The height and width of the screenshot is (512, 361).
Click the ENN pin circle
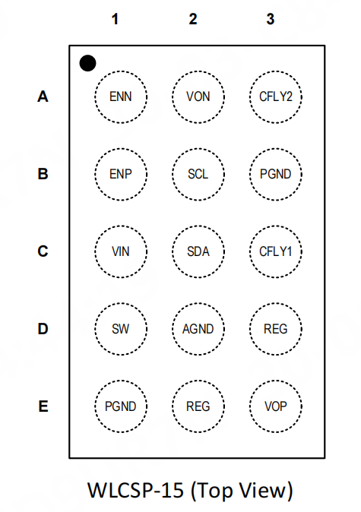point(121,97)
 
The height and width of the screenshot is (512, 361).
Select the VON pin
point(198,97)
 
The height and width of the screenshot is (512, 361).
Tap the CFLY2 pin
point(276,97)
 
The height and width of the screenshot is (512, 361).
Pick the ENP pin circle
point(121,175)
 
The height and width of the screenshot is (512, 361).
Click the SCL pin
point(198,175)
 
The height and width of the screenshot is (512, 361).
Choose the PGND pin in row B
point(276,175)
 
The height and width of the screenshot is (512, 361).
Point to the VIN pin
point(121,251)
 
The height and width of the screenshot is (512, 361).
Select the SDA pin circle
point(198,251)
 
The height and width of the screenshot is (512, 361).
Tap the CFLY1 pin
point(276,251)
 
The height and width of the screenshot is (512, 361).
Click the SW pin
point(121,329)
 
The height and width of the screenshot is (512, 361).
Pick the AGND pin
point(198,329)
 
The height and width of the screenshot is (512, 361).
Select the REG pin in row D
point(276,329)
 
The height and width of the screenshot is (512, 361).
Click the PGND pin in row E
point(121,406)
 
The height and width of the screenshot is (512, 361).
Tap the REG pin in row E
point(198,406)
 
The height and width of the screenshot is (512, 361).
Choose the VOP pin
point(276,406)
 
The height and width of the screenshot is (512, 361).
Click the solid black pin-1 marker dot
point(87,63)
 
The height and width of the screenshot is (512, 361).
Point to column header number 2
point(193,19)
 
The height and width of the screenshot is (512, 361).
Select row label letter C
point(43,251)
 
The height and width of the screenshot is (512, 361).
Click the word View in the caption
point(264,491)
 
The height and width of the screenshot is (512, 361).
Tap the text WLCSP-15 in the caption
point(135,491)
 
